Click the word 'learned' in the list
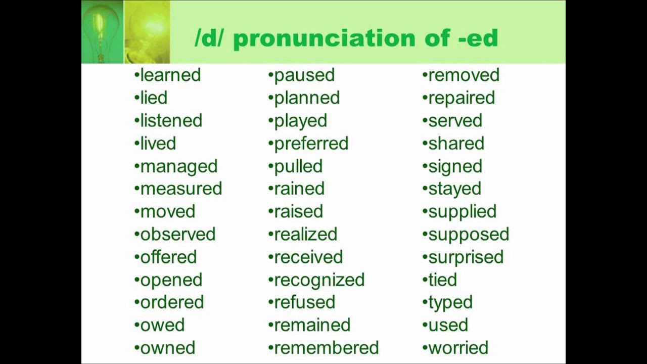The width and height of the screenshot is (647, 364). tap(170, 75)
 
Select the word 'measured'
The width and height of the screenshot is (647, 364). tap(181, 189)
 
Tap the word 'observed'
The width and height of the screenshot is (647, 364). tap(178, 234)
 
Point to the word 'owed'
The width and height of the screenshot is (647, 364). tap(162, 325)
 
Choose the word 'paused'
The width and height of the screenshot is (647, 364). tap(304, 75)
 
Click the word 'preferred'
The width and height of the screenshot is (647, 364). tap(311, 144)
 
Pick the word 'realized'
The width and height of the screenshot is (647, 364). tap(305, 234)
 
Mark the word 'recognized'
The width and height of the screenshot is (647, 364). tap(319, 280)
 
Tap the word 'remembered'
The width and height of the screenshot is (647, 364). tap(326, 348)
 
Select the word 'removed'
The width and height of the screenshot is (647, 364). tap(464, 75)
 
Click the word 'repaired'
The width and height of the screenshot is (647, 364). tap(461, 98)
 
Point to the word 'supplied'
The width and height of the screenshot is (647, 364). tap(462, 212)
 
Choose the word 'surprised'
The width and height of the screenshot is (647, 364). tap(466, 257)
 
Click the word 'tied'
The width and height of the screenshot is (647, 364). tap(442, 280)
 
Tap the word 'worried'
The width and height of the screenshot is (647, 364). tap(458, 348)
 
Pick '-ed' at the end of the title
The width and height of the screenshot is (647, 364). tap(478, 38)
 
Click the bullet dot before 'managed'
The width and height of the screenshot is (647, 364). tap(136, 166)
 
